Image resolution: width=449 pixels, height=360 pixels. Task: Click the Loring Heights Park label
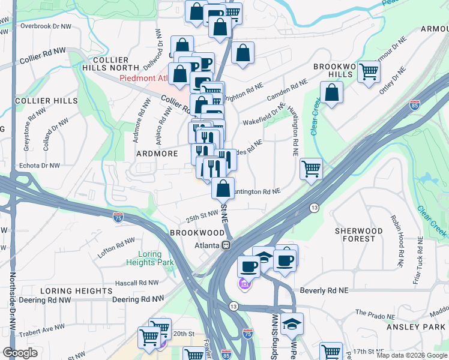click(150, 258)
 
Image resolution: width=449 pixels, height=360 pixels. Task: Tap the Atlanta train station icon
click(226, 245)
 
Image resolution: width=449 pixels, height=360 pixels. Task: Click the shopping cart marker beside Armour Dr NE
click(369, 71)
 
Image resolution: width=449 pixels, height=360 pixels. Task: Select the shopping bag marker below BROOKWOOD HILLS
click(331, 93)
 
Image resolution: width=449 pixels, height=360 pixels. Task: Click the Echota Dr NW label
click(38, 165)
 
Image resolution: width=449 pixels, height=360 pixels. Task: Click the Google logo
click(20, 353)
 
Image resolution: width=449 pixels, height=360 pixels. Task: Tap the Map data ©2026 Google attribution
click(412, 355)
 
